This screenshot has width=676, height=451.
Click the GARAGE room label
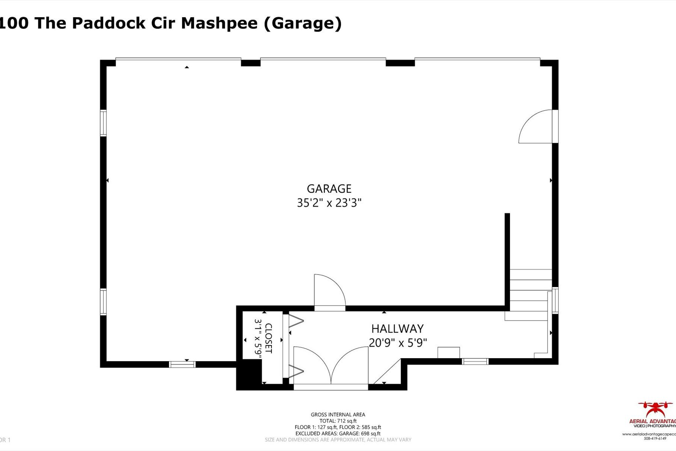point(329,189)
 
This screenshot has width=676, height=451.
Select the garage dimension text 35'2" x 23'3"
point(329,203)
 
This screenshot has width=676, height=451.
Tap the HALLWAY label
point(397,329)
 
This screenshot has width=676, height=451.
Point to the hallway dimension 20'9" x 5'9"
point(397,343)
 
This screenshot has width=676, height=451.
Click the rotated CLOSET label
point(268,338)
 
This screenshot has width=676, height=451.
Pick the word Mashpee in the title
point(219,23)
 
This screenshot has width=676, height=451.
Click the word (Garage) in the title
point(303,23)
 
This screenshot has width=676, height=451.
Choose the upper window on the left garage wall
point(103,123)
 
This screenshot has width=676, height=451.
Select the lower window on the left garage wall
point(103,301)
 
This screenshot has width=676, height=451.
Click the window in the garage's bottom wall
point(182,364)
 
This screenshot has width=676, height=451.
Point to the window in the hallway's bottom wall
point(475,362)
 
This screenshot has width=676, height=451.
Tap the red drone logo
point(655,409)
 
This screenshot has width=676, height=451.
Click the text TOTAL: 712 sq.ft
point(338,421)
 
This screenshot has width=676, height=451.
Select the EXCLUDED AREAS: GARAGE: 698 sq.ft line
point(338,433)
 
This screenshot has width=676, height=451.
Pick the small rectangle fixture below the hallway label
point(448,353)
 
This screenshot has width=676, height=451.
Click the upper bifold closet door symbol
point(296,321)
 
